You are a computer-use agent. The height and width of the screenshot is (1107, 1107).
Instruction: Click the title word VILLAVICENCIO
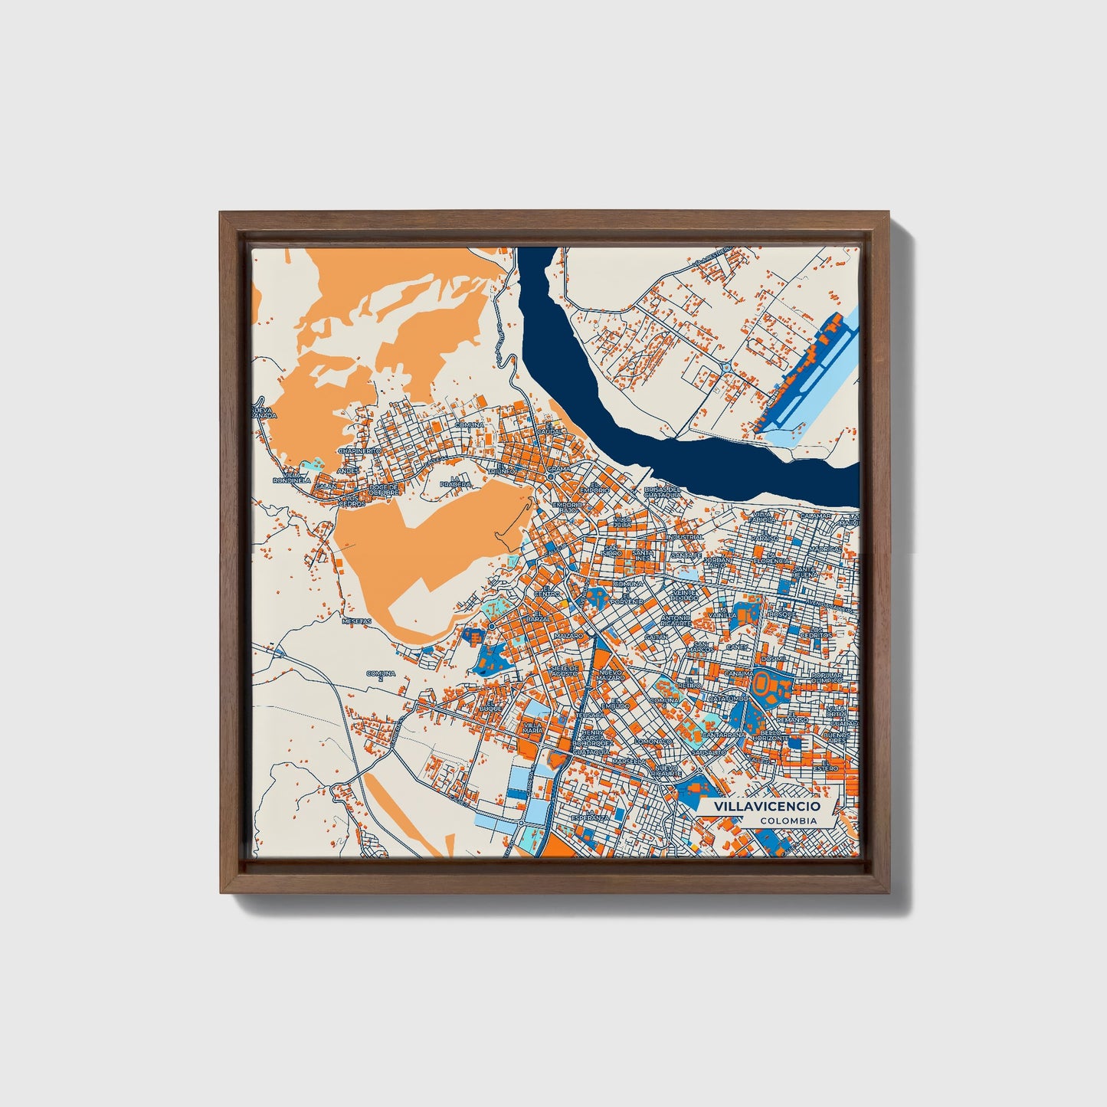[766, 807]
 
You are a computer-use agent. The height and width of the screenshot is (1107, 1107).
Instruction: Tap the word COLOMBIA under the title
[788, 820]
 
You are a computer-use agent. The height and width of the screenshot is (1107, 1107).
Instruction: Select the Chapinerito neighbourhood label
[359, 452]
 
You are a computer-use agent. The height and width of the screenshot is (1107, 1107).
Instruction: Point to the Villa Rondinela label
[291, 477]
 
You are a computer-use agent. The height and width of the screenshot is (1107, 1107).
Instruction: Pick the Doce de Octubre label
[384, 489]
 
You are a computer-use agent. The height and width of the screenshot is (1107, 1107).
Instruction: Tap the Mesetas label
[356, 621]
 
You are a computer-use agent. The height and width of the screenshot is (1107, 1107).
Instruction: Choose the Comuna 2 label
[381, 676]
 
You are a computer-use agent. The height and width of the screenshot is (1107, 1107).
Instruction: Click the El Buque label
[490, 706]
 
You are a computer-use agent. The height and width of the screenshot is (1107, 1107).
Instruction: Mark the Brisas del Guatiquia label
[663, 492]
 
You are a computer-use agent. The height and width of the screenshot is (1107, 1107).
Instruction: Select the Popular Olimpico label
[826, 677]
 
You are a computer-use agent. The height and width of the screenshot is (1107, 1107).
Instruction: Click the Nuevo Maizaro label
[611, 674]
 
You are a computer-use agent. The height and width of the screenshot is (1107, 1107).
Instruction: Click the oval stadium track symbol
[763, 681]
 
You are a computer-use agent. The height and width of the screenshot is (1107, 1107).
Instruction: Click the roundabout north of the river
[725, 368]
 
